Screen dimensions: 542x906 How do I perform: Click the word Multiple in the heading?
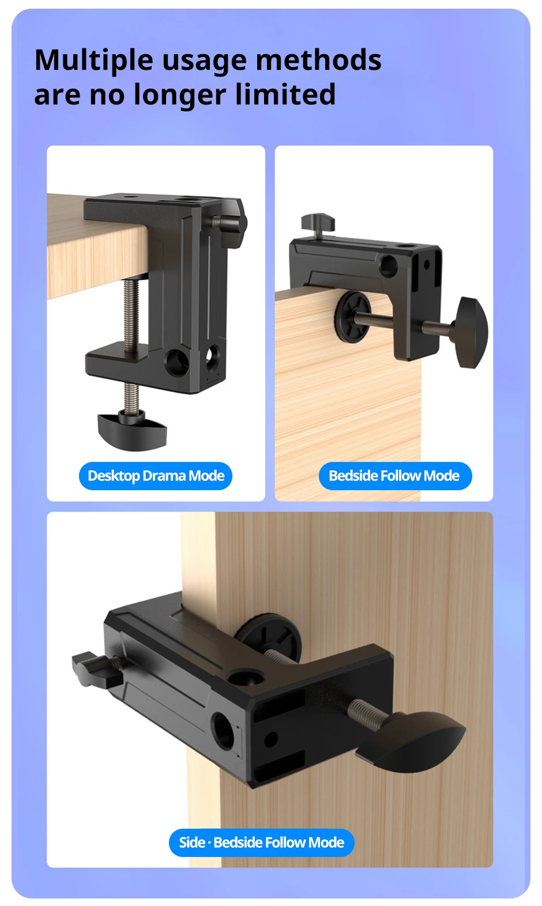coord(94,60)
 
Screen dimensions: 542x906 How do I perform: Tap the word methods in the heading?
coord(319,60)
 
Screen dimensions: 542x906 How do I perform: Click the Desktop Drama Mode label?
coord(156,476)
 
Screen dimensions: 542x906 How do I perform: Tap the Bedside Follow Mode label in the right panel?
coord(395,476)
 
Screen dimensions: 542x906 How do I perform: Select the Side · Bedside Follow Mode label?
coord(262,843)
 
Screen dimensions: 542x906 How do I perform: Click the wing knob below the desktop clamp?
coord(132,431)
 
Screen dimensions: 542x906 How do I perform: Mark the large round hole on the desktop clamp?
coord(178,361)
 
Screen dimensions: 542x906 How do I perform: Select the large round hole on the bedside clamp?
coord(389,266)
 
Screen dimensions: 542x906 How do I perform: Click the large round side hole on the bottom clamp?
coord(223,731)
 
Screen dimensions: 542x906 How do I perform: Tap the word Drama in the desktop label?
coord(164,476)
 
